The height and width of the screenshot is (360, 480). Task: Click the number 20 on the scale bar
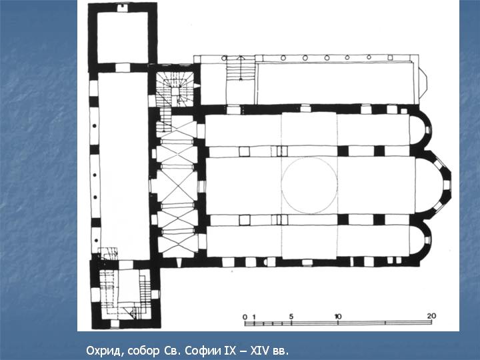431,316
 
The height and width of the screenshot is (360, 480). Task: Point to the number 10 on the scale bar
337,316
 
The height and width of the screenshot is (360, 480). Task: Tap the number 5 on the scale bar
291,317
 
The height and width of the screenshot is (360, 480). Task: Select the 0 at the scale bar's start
245,317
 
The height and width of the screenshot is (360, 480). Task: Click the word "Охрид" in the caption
105,351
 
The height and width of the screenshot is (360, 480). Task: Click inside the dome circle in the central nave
309,185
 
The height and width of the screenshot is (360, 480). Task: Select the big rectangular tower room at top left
123,37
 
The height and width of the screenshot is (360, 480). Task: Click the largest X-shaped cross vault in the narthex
177,185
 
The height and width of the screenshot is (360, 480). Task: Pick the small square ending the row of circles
390,57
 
